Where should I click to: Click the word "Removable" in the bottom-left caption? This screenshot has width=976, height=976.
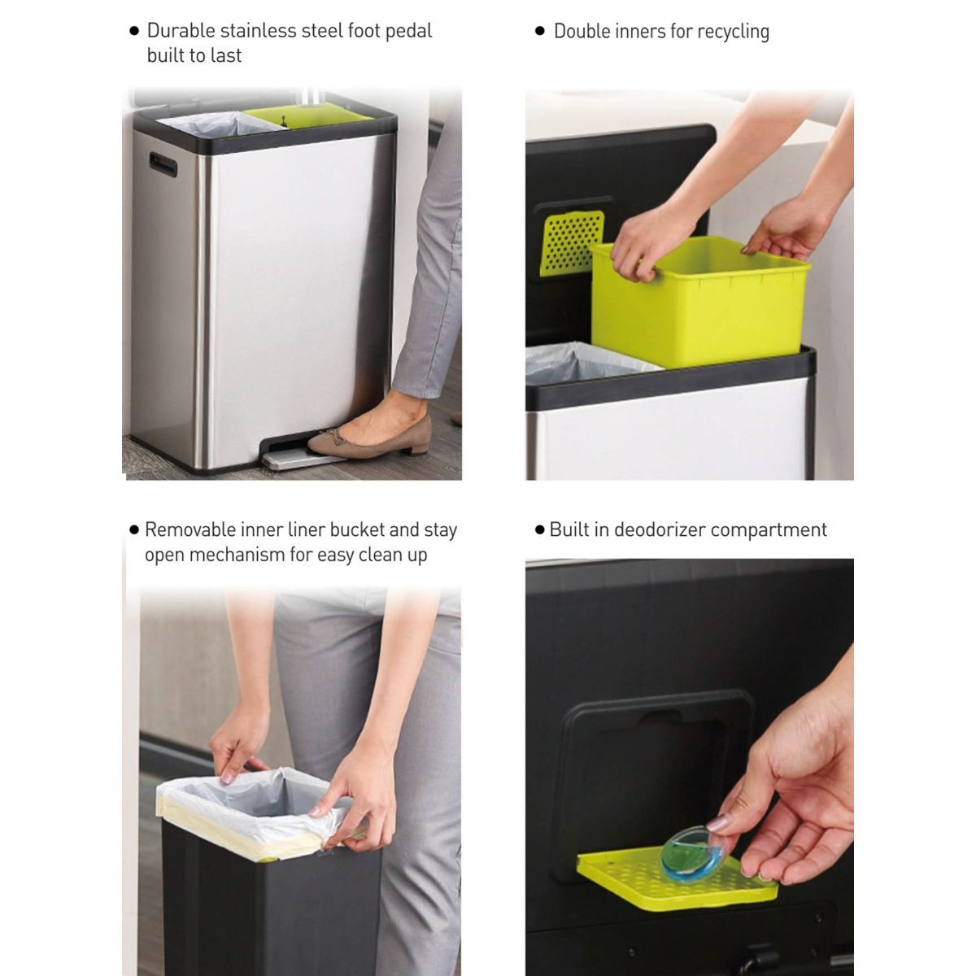tap(190, 530)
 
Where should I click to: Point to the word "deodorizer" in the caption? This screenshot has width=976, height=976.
tap(665, 530)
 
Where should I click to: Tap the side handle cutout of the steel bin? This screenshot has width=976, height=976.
tap(163, 164)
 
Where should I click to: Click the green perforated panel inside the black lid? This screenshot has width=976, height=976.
tap(573, 242)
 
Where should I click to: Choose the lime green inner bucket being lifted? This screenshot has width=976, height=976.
tap(699, 301)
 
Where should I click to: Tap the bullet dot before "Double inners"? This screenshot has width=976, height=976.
tap(539, 32)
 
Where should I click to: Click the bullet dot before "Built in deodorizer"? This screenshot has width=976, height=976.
tap(538, 530)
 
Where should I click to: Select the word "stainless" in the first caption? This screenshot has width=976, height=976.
tap(254, 31)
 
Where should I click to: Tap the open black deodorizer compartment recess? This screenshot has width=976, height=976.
tap(651, 765)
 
